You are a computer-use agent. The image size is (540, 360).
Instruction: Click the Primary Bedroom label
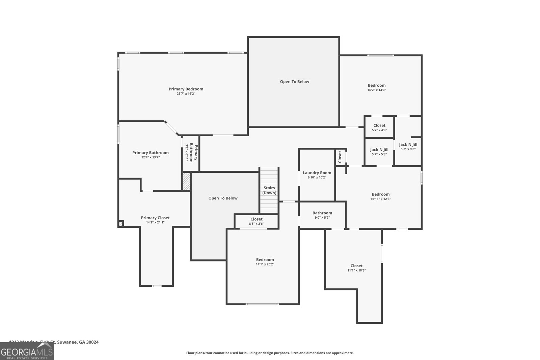[x=186, y=89]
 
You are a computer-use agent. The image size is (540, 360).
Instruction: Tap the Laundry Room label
[x=317, y=173]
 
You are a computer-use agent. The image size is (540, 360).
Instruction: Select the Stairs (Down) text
[x=269, y=190]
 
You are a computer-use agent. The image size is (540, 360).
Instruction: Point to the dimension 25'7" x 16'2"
[x=186, y=94]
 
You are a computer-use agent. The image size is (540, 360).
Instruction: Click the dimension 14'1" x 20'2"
[x=265, y=265]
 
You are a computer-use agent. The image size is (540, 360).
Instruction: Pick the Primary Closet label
[x=155, y=218]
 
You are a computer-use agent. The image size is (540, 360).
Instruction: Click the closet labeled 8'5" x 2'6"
[x=256, y=221]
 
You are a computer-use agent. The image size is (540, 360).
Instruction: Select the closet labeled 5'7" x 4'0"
[x=379, y=128]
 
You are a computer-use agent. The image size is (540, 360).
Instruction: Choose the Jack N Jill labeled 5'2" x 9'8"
[x=408, y=146]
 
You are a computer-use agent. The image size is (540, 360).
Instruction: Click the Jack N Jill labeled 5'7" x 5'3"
[x=379, y=152]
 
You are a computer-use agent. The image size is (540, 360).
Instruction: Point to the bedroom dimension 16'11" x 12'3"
[x=381, y=199]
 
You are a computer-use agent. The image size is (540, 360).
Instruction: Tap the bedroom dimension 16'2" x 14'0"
[x=377, y=90]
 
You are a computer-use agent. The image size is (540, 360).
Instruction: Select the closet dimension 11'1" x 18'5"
[x=356, y=271]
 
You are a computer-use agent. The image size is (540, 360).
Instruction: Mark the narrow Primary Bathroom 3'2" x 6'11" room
[x=191, y=153]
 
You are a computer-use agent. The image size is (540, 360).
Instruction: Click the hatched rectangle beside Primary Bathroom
[x=186, y=182]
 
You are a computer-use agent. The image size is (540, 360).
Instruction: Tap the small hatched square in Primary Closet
[x=121, y=224]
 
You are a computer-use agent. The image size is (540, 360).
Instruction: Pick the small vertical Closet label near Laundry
[x=340, y=157]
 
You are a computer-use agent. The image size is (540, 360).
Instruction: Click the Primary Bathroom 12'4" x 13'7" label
[x=150, y=155]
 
